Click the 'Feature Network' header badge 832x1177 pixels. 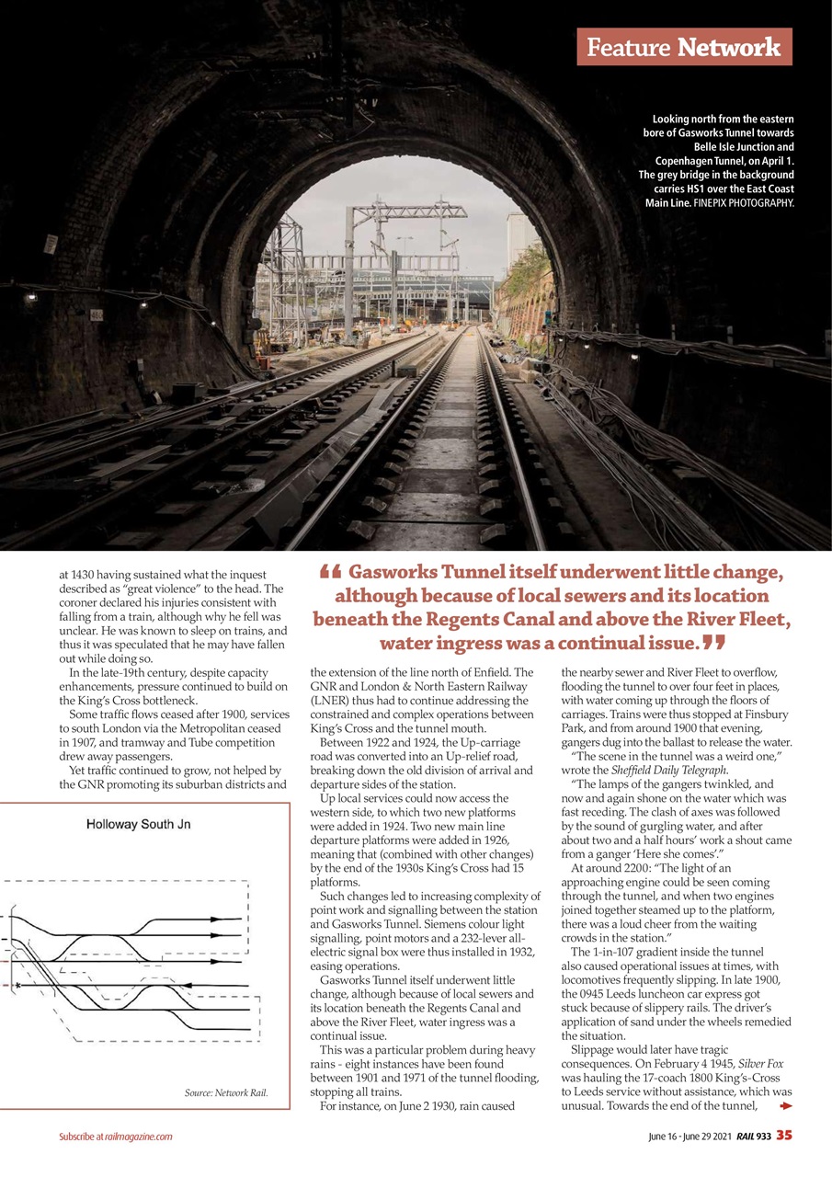684,47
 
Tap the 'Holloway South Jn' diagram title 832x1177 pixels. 138,825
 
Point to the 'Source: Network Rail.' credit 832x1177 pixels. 226,1093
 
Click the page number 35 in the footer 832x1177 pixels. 783,1136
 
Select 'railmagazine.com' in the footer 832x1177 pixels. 138,1137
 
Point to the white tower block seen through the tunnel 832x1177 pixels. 518,241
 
